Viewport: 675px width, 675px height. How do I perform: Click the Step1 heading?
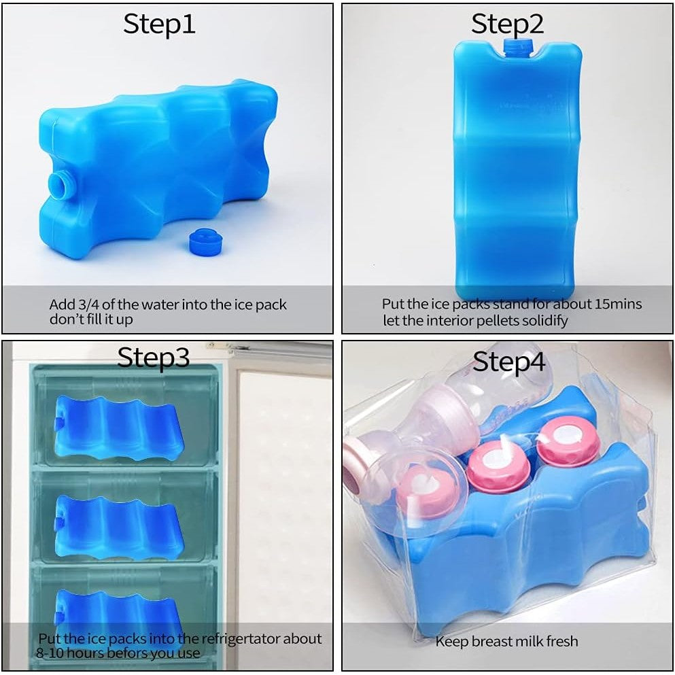coord(159,24)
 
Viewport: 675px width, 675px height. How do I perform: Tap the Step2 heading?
coord(507,24)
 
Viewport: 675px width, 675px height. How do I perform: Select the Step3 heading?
coord(153,358)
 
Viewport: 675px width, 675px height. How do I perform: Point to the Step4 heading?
coord(509,362)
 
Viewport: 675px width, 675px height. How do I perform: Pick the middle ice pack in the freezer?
coord(120,527)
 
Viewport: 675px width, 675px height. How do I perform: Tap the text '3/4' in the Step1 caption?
coord(88,305)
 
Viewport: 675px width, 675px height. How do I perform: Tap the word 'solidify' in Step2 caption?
coord(544,321)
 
